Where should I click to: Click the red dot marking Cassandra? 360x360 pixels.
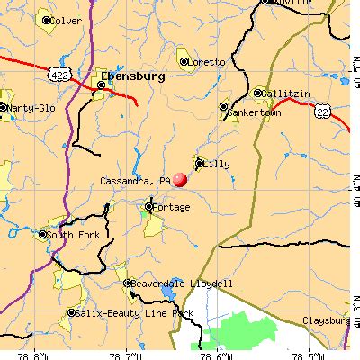click(180, 180)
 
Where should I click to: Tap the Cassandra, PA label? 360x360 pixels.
click(135, 180)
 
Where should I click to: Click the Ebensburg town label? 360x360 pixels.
click(134, 77)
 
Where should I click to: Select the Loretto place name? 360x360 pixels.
click(206, 62)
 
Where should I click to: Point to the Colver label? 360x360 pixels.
click(66, 21)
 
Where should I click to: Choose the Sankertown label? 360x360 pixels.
click(256, 113)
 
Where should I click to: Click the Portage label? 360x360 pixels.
click(172, 208)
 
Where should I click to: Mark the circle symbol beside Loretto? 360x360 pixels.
click(184, 62)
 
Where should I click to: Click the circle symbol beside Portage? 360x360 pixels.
click(148, 208)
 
